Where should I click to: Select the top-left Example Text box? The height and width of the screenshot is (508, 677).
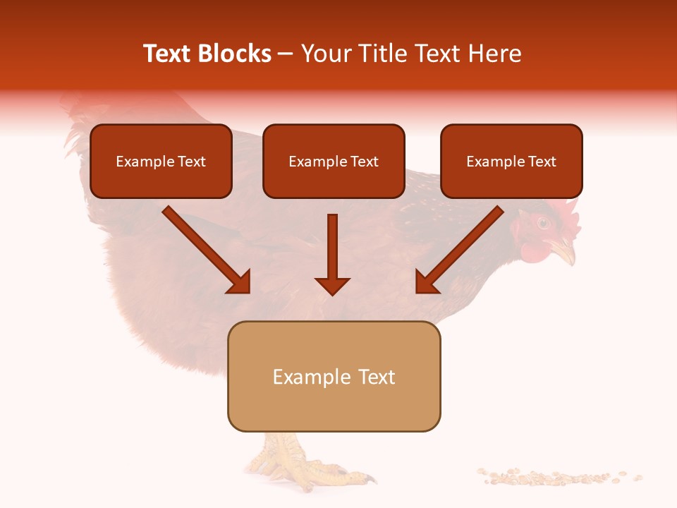tap(161, 162)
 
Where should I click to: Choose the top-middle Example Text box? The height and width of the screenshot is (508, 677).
tap(334, 162)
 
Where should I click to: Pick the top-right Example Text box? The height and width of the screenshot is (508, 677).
tap(511, 162)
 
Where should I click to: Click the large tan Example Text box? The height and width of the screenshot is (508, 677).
tap(334, 377)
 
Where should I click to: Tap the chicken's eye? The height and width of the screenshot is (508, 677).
tap(542, 223)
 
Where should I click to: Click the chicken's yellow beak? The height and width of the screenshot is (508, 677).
tap(563, 249)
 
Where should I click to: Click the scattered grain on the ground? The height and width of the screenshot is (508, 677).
tap(557, 477)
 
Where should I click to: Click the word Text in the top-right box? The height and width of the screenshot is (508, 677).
tap(541, 162)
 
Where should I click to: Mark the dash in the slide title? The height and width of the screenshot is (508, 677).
tap(286, 54)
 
